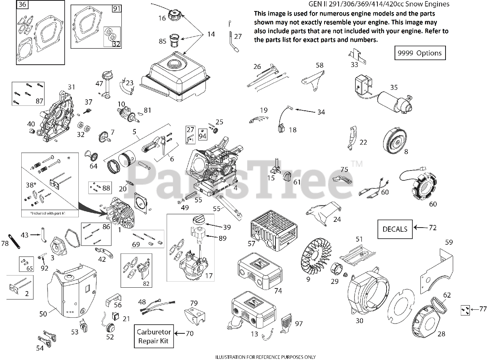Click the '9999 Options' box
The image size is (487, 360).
(420, 53)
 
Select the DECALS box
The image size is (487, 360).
(395, 229)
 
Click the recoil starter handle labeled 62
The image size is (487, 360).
(441, 304)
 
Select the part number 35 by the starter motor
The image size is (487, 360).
(393, 88)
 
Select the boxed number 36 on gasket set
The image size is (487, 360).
(22, 5)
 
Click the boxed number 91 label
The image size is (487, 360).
(116, 8)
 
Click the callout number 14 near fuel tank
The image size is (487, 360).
(211, 34)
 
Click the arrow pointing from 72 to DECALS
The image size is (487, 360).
(420, 228)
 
